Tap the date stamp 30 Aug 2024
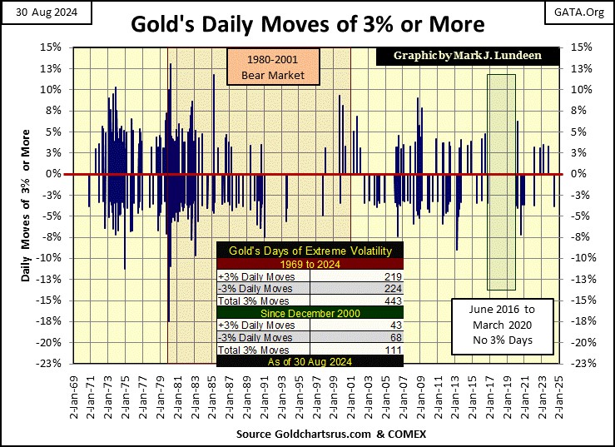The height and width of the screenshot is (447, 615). (37, 11)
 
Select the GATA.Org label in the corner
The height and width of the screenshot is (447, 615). (585, 11)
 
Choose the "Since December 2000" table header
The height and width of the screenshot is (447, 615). (310, 313)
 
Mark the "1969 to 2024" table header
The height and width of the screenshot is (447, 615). (310, 264)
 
